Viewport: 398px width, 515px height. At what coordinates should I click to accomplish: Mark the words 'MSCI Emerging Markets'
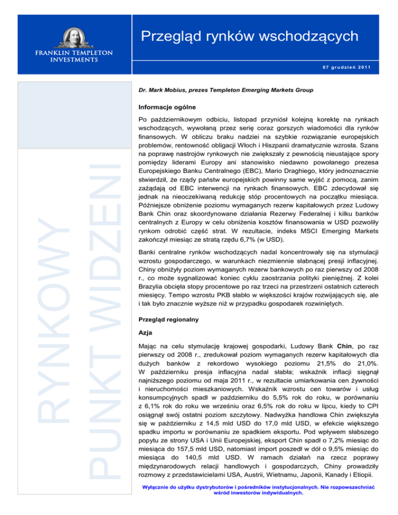tap(329, 231)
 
